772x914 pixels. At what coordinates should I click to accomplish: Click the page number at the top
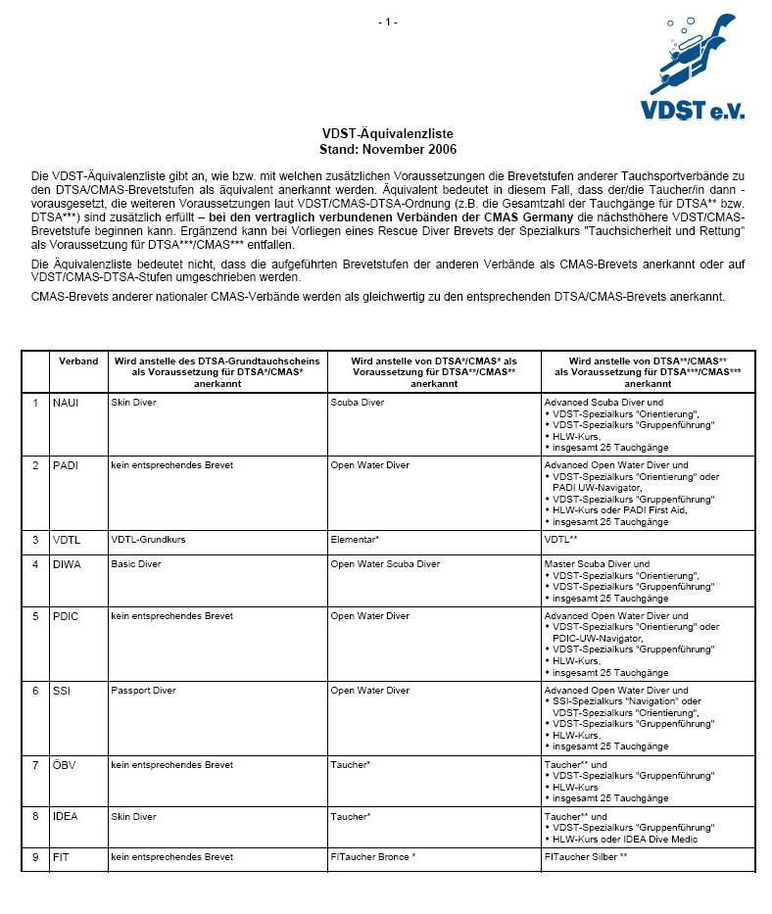coord(388,22)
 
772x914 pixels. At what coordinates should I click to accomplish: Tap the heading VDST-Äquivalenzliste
coord(388,134)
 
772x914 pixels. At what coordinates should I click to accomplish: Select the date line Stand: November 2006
coord(388,150)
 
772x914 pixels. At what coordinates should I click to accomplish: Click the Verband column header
coord(78,361)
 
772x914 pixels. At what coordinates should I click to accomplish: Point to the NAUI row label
coord(67,403)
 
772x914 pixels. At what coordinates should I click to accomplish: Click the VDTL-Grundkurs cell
coord(148,540)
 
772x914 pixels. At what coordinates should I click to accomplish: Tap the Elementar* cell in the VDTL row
coord(355,540)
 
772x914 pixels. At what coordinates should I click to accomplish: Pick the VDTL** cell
coord(560,540)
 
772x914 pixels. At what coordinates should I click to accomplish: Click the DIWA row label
coord(67,564)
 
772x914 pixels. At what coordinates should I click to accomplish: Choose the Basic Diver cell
coord(136,564)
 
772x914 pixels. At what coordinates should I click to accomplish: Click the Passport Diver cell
coord(143,691)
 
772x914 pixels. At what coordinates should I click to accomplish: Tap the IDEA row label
coord(66,816)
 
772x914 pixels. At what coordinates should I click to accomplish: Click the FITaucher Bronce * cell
coord(372,857)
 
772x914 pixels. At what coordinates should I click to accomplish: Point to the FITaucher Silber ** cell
coord(585,857)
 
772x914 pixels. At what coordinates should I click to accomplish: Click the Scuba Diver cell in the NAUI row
coord(358,403)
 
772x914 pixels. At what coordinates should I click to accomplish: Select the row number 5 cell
coord(35,616)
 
